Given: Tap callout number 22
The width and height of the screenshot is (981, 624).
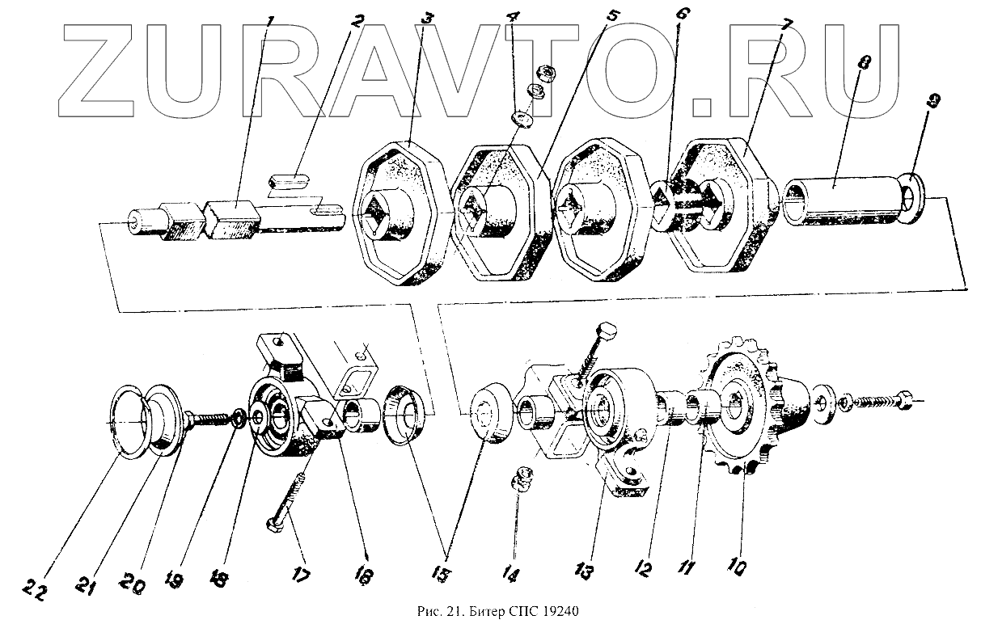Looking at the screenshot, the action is coord(33,588).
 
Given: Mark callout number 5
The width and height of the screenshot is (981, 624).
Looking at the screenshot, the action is coord(614,15).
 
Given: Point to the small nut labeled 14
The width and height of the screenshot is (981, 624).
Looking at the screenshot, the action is coord(521,479).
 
